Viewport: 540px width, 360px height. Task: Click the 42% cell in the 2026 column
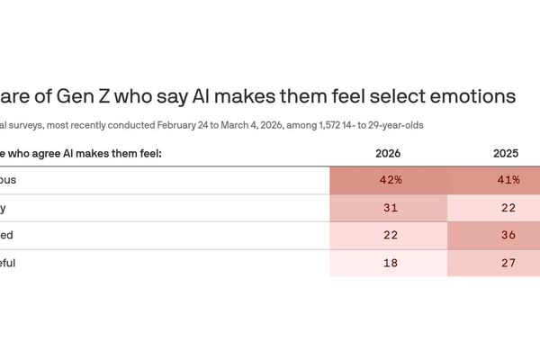[389, 180]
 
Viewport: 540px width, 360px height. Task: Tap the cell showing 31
[389, 208]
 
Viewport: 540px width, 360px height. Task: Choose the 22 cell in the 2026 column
[389, 235]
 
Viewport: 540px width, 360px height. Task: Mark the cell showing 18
[389, 263]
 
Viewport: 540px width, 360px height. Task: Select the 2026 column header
[389, 153]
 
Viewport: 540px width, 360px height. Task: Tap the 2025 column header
[505, 153]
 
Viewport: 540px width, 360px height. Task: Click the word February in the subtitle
[172, 123]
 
